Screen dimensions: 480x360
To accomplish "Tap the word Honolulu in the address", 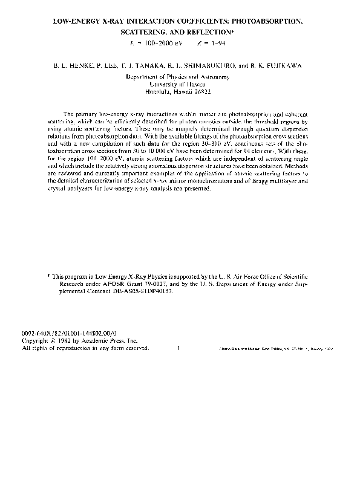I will [x=162, y=92].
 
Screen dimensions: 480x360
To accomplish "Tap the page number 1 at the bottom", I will [x=179, y=348].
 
